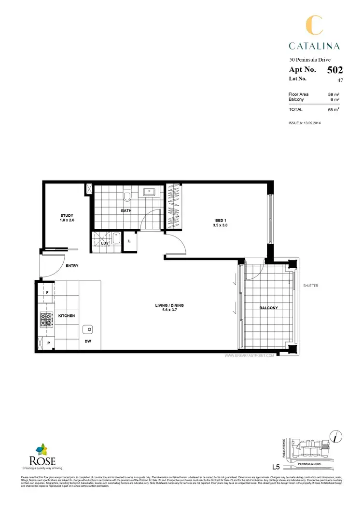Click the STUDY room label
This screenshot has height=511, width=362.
pos(67,215)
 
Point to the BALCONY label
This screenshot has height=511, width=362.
pos(269,308)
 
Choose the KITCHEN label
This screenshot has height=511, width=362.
pos(67,315)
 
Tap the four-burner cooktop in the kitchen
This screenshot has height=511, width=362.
pos(46,319)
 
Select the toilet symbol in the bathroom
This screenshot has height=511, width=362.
pos(126,197)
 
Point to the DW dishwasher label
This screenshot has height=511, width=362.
pos(88,342)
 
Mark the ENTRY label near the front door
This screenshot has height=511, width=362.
pos(71,266)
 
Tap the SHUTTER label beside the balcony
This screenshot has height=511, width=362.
pos(310,286)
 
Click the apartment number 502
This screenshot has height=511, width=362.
pos(335,70)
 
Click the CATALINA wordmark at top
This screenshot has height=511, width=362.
pos(314,46)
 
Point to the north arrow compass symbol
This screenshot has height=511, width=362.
pos(337,436)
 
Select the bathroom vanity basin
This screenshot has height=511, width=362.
pos(148,194)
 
